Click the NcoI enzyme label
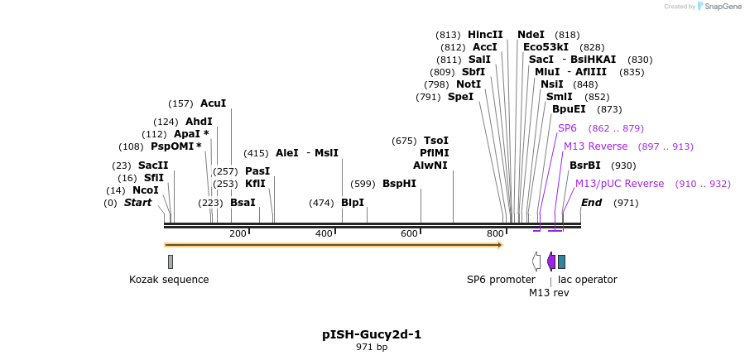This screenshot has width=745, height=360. (145, 190)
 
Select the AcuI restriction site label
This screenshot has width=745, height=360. (213, 103)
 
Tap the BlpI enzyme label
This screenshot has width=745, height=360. (353, 203)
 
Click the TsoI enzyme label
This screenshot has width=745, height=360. (435, 141)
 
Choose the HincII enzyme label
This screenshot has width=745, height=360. (485, 35)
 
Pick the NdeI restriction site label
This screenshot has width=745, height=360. (531, 35)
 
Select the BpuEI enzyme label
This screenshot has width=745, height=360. (569, 109)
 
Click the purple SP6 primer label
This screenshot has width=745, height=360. (567, 128)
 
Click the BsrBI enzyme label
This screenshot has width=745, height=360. (584, 166)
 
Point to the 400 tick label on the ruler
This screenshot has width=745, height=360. (324, 234)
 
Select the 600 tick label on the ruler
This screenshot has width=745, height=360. (409, 234)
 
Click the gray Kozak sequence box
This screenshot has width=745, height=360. (171, 262)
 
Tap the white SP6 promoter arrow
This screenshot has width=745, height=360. (536, 262)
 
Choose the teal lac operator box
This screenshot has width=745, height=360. (561, 262)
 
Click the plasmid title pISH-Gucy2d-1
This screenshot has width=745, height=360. (372, 334)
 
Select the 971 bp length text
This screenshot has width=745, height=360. (372, 348)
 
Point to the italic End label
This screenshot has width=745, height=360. (591, 203)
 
